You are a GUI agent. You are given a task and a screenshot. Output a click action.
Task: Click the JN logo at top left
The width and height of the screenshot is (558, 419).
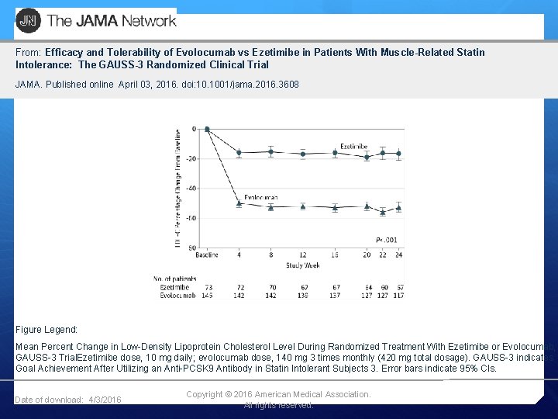tap(28, 20)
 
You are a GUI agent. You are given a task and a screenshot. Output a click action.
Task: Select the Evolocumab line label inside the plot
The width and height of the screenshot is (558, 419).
tap(260, 198)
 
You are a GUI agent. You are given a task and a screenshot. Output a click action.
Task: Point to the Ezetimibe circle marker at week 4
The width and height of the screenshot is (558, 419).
tap(239, 153)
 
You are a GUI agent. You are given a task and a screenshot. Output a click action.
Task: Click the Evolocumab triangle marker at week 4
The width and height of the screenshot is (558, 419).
tap(239, 203)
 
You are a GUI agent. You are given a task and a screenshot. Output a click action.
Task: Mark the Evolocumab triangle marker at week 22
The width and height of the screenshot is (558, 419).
tap(383, 211)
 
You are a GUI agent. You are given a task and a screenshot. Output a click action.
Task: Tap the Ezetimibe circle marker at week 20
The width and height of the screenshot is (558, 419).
tap(367, 158)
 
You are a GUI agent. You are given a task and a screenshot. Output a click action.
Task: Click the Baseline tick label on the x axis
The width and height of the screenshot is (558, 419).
tap(206, 255)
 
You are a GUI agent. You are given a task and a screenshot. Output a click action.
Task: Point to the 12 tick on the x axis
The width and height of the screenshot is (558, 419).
tap(303, 255)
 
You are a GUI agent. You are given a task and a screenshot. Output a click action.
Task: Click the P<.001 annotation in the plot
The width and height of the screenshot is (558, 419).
tap(386, 241)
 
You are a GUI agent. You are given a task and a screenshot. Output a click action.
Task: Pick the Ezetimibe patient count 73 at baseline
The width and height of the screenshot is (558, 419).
tap(207, 287)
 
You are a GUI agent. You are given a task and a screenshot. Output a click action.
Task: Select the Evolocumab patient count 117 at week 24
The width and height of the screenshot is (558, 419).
tap(398, 296)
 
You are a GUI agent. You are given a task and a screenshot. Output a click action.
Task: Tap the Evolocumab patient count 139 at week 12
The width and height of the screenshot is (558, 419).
tap(302, 296)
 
